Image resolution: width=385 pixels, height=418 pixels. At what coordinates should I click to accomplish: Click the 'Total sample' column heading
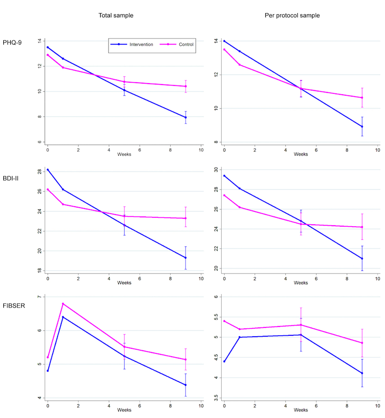[x=115, y=15]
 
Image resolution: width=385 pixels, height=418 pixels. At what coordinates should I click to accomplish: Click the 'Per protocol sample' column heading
[x=293, y=15]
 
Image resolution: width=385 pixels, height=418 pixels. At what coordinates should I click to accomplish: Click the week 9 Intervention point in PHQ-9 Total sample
[x=186, y=118]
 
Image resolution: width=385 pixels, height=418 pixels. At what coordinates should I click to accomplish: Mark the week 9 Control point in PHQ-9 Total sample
[x=186, y=86]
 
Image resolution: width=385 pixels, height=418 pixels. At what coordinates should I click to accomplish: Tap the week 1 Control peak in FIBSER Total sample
[x=63, y=304]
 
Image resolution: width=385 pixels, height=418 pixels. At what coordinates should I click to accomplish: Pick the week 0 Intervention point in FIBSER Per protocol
[x=225, y=361]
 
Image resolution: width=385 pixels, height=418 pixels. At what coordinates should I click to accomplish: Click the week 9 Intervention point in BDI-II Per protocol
[x=362, y=258]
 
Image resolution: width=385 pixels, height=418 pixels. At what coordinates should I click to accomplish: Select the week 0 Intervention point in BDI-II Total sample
[x=48, y=170]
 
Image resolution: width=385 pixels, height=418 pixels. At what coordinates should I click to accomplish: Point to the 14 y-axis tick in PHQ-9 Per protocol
[x=216, y=41]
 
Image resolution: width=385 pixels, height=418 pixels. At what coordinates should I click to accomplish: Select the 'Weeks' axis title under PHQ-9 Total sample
[x=124, y=154]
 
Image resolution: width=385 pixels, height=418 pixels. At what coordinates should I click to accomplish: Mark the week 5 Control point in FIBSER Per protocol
[x=301, y=325]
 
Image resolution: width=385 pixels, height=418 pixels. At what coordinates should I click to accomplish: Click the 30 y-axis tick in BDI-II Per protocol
[x=216, y=170]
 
